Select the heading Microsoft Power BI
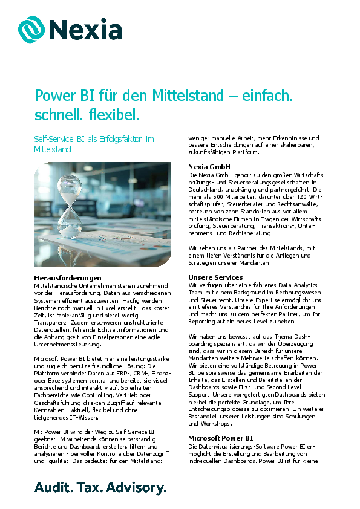coord(221,438)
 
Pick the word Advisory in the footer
coord(136,487)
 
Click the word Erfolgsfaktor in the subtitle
coord(115,139)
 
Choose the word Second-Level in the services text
coord(276,387)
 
